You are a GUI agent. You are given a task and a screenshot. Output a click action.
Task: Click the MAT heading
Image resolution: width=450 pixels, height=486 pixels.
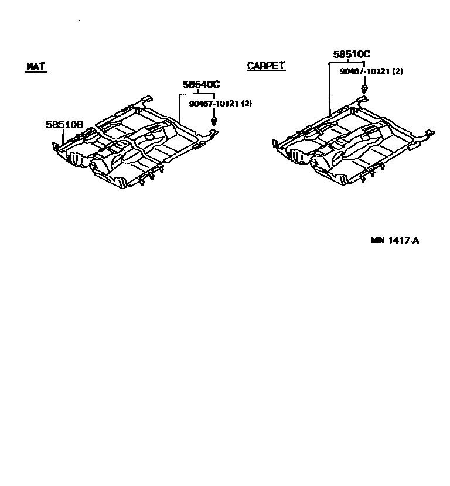[36, 66]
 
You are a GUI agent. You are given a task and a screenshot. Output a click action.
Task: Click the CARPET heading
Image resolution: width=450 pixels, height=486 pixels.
[265, 66]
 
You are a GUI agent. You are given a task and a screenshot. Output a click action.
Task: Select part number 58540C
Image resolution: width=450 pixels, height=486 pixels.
[201, 85]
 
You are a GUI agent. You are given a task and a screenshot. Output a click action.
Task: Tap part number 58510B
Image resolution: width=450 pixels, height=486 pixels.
[64, 125]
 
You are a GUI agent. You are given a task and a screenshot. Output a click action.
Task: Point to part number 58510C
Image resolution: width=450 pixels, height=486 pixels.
[352, 54]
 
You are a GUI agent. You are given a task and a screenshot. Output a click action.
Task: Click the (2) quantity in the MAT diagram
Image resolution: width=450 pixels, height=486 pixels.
[246, 104]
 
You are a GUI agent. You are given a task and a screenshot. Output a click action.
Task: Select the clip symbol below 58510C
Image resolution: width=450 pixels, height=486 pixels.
[364, 88]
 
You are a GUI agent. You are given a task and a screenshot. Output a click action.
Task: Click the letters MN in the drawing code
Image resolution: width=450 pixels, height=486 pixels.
[376, 240]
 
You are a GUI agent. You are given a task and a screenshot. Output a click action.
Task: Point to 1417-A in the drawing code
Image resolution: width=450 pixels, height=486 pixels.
[403, 240]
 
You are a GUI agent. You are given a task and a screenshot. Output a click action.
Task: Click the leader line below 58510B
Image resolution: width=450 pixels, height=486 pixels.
[63, 138]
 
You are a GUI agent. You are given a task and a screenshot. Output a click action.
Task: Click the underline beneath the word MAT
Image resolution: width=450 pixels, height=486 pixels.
[36, 71]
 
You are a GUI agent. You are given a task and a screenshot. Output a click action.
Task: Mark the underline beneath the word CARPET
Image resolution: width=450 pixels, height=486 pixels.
[266, 71]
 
